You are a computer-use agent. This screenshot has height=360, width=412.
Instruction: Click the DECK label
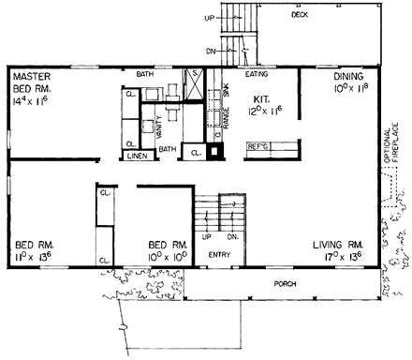(x=300, y=15)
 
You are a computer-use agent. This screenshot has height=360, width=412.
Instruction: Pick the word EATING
(x=257, y=72)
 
